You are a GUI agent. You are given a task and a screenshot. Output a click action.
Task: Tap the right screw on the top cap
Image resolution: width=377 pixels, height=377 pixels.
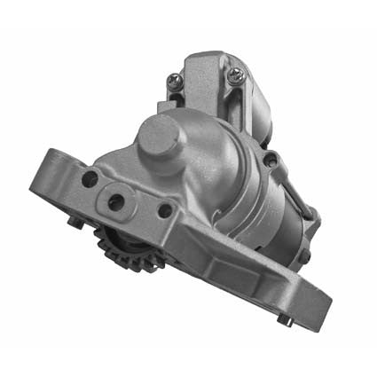[235, 77]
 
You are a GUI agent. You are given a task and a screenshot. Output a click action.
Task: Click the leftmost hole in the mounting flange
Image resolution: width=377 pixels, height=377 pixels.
[89, 179]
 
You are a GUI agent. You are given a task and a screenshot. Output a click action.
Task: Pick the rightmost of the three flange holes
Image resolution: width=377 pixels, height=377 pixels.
[164, 211]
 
